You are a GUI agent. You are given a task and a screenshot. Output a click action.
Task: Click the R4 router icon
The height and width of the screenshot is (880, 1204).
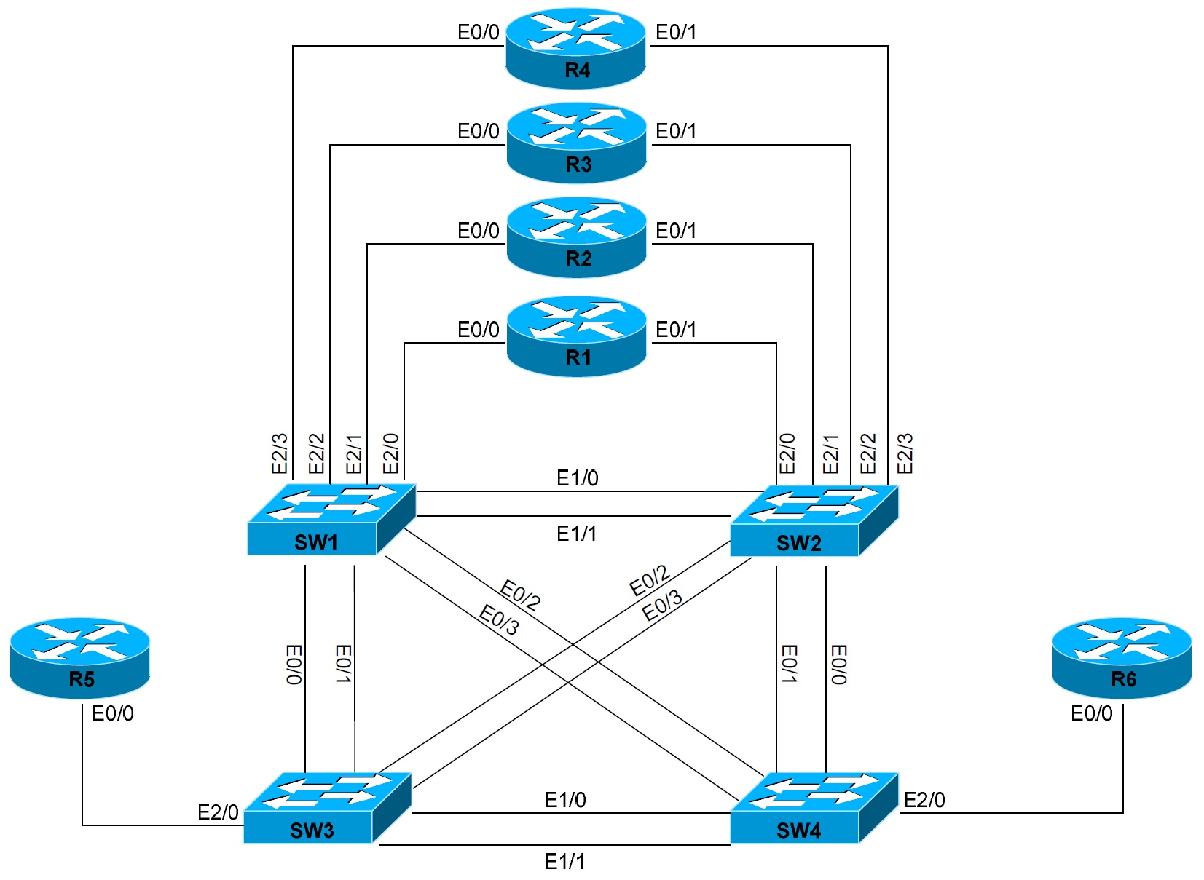tap(575, 48)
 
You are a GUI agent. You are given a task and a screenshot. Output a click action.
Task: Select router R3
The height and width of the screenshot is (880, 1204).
tap(576, 143)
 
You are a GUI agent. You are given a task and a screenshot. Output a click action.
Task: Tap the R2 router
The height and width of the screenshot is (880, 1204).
tap(576, 237)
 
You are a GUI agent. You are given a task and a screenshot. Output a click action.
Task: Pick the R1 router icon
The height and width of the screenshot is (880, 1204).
tap(576, 336)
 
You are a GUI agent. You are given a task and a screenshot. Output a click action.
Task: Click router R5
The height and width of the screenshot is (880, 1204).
tap(80, 658)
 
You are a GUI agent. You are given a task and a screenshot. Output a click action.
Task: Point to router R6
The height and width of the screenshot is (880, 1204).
tap(1122, 658)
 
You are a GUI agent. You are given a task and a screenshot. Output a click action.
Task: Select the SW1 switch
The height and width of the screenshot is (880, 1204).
tap(331, 520)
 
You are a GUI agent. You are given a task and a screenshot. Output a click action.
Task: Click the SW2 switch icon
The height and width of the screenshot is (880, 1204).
tap(814, 521)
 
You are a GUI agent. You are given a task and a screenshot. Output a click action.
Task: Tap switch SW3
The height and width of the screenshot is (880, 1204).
tap(327, 808)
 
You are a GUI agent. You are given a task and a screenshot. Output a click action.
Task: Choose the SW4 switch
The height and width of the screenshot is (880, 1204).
tap(814, 808)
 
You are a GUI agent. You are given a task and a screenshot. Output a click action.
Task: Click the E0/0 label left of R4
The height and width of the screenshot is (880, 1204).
tap(479, 32)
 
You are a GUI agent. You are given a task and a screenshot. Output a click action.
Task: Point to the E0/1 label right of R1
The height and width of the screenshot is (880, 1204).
tap(676, 330)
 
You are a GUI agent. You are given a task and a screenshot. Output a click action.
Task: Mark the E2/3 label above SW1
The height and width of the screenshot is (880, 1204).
tap(280, 453)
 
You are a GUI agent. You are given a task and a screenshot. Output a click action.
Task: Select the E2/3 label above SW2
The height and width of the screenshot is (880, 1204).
tap(905, 453)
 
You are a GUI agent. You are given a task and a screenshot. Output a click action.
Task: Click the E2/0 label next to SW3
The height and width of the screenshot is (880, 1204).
tap(218, 812)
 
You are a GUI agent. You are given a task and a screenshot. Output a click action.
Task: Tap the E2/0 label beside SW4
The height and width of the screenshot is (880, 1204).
tap(924, 800)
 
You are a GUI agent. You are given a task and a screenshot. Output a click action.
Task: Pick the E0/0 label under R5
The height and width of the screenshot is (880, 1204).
tap(113, 713)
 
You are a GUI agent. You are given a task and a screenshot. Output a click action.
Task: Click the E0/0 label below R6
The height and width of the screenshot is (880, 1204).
tap(1091, 713)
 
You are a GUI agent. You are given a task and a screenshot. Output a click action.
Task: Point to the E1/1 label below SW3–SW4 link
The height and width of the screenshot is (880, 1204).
tap(564, 862)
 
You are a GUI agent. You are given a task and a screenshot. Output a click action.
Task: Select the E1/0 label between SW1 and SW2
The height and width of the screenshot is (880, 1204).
tap(577, 478)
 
